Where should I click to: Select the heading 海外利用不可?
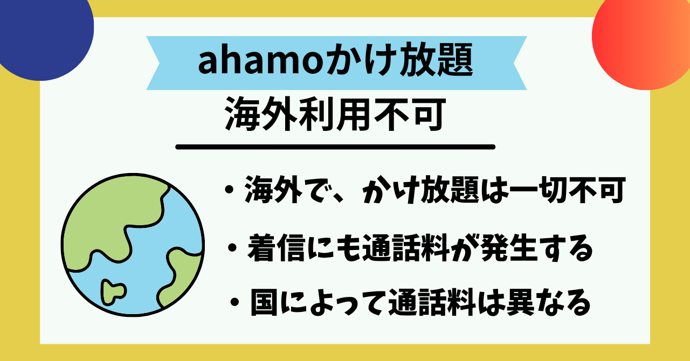[x=334, y=114]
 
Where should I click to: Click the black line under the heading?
[x=335, y=147]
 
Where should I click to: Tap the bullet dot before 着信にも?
[x=232, y=249]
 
